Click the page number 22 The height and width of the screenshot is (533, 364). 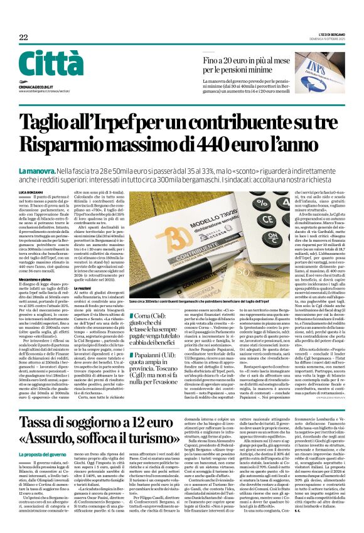(23, 38)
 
